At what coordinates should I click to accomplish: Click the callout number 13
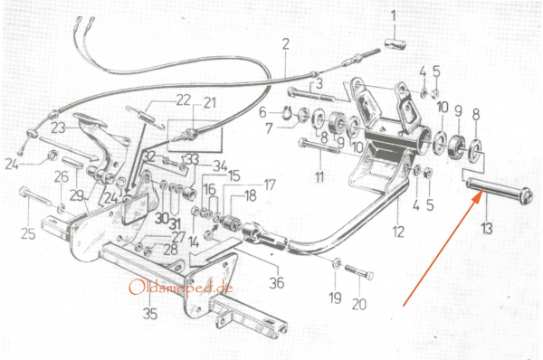pos(487,229)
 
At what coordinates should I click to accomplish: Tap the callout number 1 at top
pos(393,16)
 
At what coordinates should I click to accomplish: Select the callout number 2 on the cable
pos(285,44)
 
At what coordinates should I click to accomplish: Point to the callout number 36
pos(277,282)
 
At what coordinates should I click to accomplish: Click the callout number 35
pos(150,314)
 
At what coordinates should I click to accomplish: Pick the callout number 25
pos(28,234)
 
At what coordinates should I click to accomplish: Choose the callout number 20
pos(359,305)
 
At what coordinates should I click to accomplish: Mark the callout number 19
pos(335,298)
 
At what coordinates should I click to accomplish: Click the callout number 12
pos(398,232)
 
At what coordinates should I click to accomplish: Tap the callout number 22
pos(183,100)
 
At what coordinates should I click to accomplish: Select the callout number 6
pos(262,112)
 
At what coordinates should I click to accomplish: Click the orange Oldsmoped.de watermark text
pos(180,288)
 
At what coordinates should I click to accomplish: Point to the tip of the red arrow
pos(480,194)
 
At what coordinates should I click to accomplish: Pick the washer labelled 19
pos(336,263)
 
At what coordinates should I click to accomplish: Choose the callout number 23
pos(58,128)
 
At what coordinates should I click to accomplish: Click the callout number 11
pos(319,176)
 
